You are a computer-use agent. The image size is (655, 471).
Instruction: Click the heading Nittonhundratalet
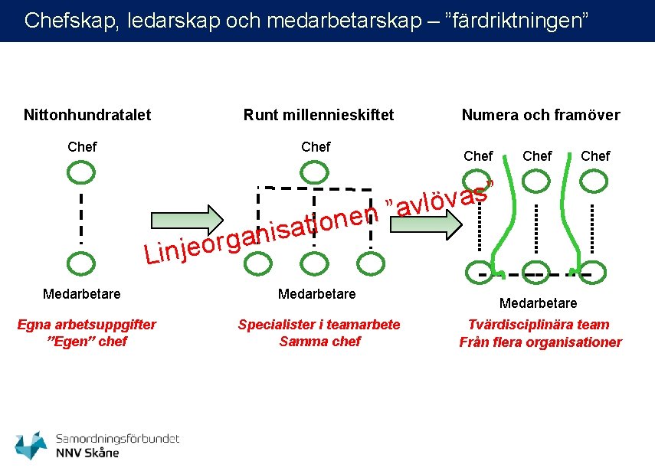click(87, 116)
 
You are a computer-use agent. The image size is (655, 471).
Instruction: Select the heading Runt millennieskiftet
click(319, 116)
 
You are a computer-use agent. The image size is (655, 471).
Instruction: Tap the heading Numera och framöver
click(540, 116)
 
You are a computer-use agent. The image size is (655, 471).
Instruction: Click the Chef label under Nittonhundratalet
click(82, 146)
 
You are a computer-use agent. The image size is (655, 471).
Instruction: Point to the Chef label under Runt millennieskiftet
click(316, 146)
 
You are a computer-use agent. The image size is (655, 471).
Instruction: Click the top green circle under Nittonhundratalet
click(80, 172)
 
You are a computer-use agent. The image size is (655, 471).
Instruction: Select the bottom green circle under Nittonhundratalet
click(80, 263)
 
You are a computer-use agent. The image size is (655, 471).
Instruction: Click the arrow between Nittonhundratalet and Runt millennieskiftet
click(184, 218)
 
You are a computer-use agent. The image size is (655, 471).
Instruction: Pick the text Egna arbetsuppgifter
click(87, 325)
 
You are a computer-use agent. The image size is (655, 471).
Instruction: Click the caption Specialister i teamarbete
click(319, 325)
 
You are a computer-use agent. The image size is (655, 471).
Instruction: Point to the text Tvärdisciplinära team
click(539, 325)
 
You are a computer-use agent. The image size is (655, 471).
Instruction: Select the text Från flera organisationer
click(540, 342)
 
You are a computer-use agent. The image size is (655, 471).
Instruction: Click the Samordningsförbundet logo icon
click(31, 445)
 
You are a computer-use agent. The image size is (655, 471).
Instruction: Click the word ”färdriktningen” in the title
click(516, 20)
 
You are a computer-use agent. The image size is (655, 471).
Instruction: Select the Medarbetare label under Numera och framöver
click(538, 303)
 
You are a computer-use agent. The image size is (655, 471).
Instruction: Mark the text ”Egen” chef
click(87, 342)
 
